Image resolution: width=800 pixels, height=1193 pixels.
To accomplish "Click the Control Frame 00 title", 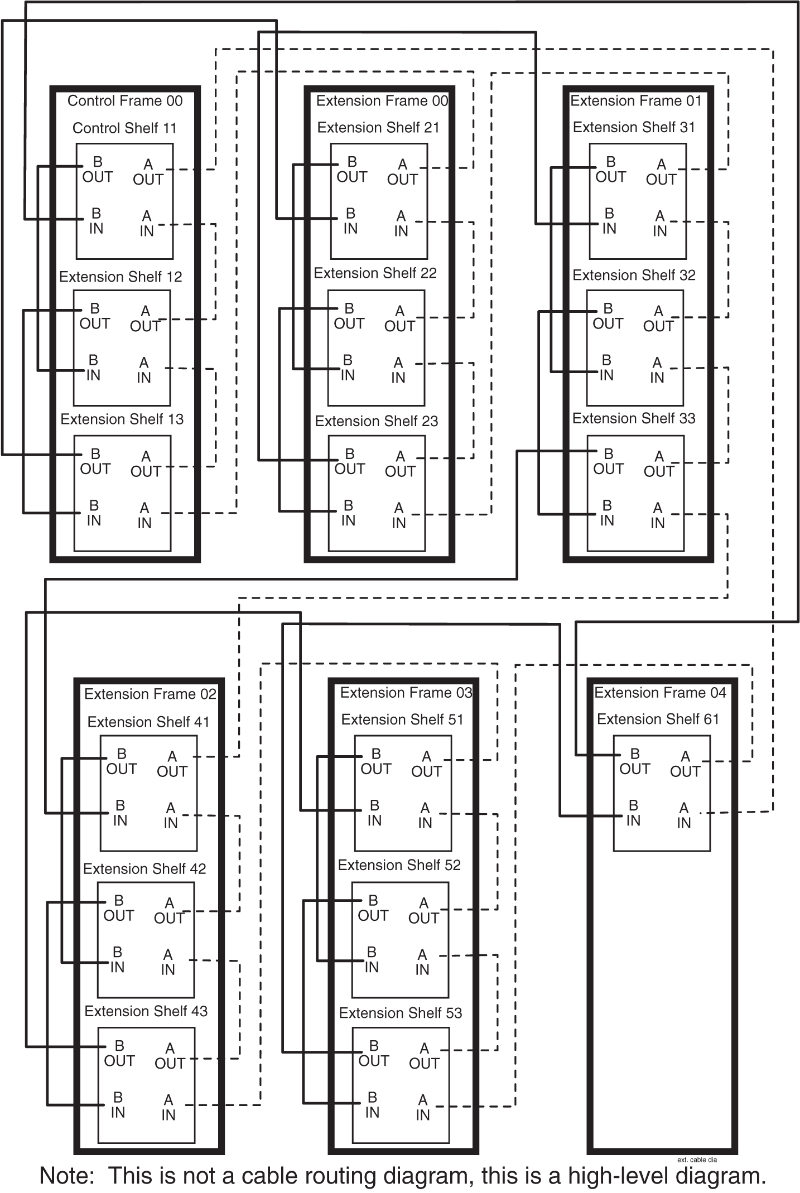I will tap(125, 101).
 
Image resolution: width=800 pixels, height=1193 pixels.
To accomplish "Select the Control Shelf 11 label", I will tap(124, 128).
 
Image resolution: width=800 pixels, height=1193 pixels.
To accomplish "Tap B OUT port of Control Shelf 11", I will tap(97, 170).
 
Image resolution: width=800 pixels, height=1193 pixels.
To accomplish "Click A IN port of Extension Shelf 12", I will tap(144, 370).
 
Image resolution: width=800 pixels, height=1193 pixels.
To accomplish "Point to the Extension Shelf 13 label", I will tap(122, 419).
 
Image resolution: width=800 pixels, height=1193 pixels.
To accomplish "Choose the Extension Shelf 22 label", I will tap(375, 273).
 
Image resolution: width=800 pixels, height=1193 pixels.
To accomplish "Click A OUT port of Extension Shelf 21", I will tap(402, 172).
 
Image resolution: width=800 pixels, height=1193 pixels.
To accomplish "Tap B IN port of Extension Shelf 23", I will tap(348, 513).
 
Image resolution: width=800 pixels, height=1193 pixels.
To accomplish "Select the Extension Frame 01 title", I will tap(635, 101).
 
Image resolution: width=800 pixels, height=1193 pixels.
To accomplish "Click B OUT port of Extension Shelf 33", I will tap(608, 462).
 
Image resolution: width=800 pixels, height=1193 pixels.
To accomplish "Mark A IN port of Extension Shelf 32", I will tap(657, 370).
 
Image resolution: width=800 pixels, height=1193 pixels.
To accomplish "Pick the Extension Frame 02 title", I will tap(150, 694).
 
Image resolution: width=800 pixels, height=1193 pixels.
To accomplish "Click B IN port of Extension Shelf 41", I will tap(120, 813).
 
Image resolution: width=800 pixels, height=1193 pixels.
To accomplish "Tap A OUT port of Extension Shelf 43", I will tap(170, 1056).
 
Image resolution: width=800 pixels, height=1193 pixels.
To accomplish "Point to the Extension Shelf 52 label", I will tap(399, 865).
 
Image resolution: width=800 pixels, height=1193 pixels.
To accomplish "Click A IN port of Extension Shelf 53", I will tap(423, 1108).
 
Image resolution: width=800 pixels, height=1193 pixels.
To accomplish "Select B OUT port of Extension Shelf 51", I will tap(375, 761).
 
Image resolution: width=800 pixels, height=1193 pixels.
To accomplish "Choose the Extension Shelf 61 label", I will tap(658, 719).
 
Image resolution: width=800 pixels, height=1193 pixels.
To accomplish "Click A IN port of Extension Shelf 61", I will tap(684, 815).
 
